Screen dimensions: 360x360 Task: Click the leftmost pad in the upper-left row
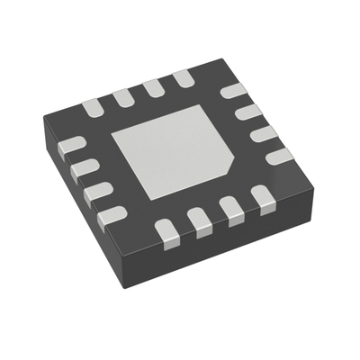92,108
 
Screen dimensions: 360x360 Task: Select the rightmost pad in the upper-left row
184,78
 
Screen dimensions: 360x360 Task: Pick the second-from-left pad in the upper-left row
123,97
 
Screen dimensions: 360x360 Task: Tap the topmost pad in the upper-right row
233,90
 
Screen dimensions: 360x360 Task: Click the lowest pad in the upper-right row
280,155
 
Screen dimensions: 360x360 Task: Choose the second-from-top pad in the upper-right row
248,111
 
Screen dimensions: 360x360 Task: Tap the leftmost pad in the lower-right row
167,231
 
